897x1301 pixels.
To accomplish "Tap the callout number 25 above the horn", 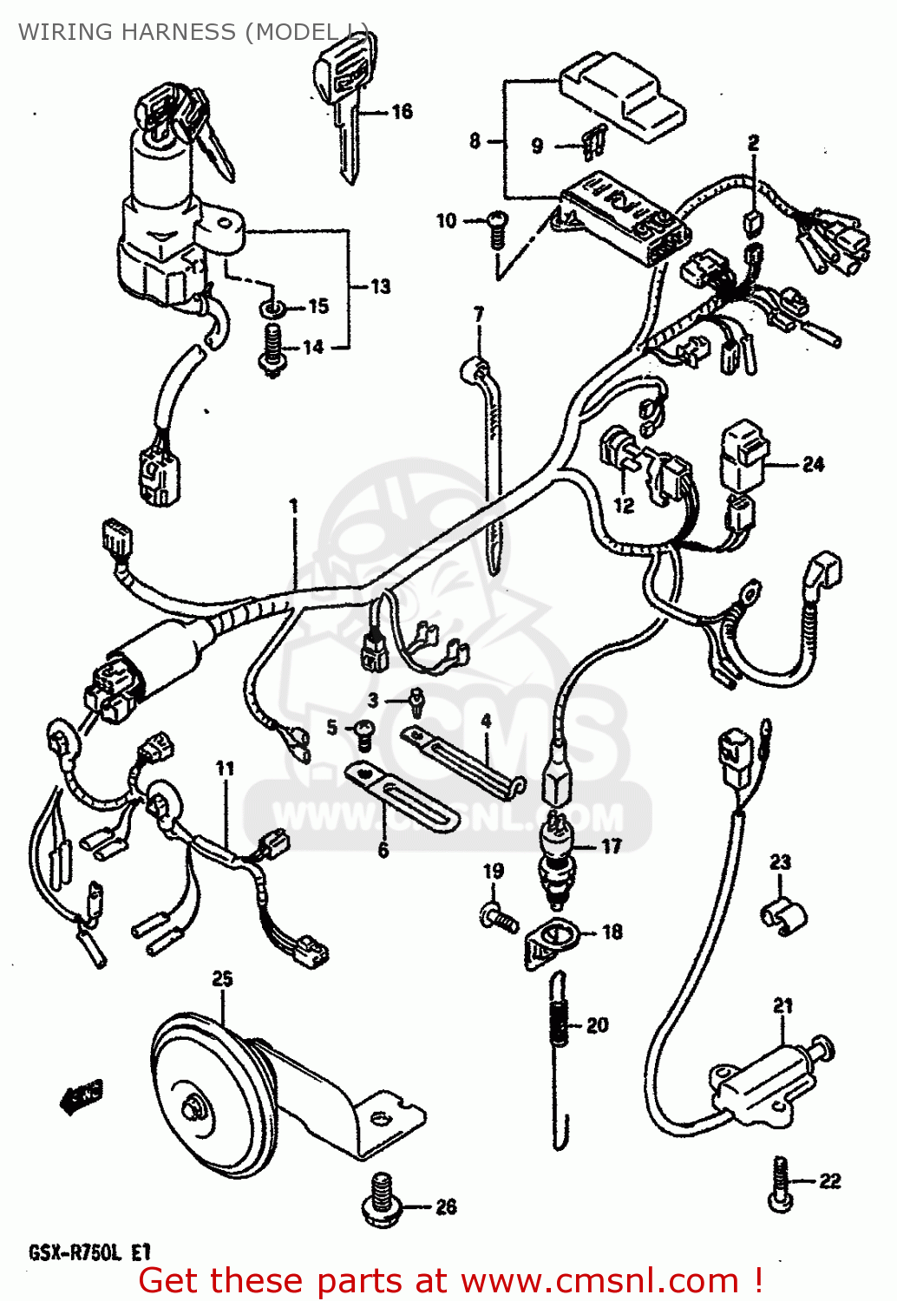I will coord(222,979).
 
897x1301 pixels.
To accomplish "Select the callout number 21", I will coord(782,1005).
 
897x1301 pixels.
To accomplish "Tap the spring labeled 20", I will coord(560,1027).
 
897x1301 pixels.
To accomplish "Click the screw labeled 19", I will coord(498,914).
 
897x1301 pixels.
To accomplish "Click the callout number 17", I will coord(612,846).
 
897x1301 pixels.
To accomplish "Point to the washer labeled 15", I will coord(272,309).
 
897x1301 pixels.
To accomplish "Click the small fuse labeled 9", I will coord(595,142).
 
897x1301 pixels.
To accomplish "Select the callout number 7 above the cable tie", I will coord(478,314).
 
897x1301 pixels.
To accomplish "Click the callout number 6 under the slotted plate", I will coord(383,850).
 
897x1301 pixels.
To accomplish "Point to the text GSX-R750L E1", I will coord(90,1252).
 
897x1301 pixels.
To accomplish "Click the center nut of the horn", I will coord(193,1108).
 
